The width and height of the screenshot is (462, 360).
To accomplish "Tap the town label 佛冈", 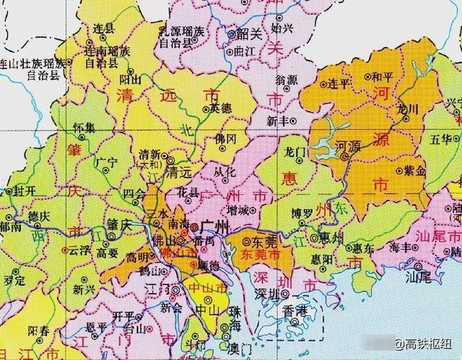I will tap(227, 139).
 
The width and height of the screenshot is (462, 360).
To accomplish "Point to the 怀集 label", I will tap(84, 128).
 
